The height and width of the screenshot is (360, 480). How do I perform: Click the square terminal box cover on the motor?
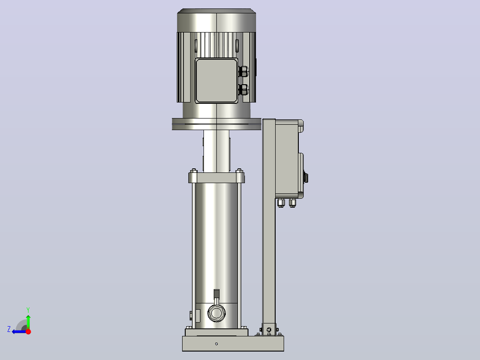tap(216, 80)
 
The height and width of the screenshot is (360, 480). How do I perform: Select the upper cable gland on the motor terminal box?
tap(244, 71)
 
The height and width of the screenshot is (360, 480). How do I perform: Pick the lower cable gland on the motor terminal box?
tap(244, 90)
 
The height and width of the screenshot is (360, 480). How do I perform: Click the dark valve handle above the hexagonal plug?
tap(216, 294)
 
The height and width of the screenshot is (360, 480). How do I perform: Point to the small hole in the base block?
tap(216, 344)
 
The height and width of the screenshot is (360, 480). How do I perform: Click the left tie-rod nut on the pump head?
tap(193, 171)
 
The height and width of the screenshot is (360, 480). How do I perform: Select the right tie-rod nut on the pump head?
tap(239, 171)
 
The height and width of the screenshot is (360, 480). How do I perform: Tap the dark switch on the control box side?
tap(305, 178)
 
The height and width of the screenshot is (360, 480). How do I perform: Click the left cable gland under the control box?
tap(281, 203)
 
